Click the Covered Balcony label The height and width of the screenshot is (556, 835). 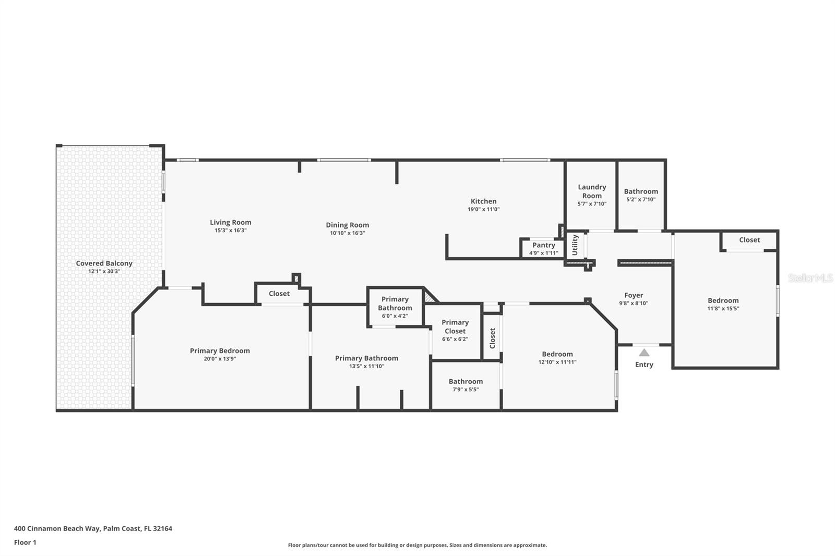104,263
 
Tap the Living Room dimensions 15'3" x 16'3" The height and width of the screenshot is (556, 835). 230,231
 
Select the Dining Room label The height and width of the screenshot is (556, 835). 348,225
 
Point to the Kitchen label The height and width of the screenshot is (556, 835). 484,201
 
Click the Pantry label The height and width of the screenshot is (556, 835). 544,245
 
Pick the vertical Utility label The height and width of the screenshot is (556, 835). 575,245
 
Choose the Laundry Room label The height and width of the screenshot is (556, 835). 592,191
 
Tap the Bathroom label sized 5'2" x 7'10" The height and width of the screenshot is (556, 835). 641,191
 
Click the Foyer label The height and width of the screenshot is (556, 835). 634,295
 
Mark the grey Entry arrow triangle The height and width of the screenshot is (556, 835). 645,353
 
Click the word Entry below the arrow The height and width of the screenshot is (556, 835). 644,365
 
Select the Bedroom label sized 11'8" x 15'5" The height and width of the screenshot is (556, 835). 723,300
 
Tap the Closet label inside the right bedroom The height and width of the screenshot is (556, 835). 749,240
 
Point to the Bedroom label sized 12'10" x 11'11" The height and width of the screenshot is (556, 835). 557,354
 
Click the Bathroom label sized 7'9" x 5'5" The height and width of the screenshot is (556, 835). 466,381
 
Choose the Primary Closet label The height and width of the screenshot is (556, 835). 455,327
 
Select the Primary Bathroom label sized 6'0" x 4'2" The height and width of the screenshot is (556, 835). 395,304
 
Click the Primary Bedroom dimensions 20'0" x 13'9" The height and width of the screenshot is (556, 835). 220,359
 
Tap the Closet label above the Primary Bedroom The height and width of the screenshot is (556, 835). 279,294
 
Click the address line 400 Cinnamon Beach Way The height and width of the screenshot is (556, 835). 93,528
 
